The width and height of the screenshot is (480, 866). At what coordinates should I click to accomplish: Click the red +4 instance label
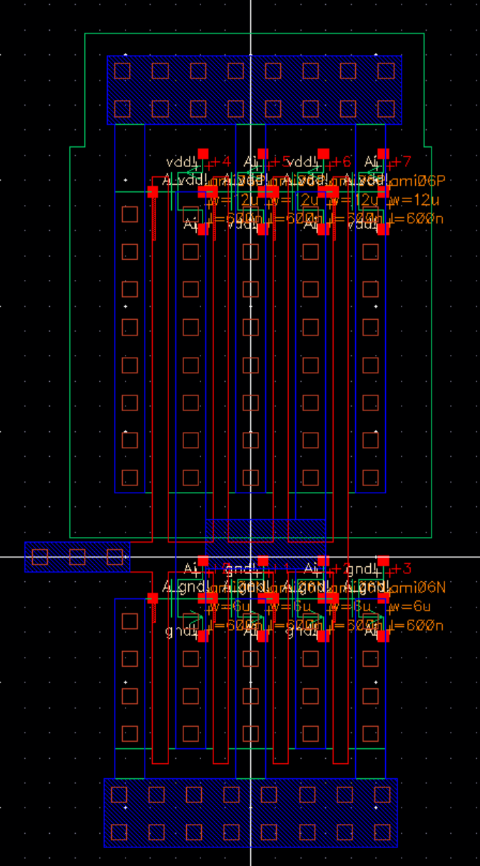tap(222, 161)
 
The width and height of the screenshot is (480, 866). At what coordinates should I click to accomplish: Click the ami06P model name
tap(421, 181)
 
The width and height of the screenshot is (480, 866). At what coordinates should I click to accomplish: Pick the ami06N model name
tap(421, 588)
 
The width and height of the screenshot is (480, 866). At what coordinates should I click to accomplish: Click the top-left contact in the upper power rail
tap(123, 71)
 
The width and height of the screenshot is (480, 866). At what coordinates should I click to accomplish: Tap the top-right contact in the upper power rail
tap(386, 71)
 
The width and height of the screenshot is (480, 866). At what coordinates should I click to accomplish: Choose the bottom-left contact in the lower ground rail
tap(119, 832)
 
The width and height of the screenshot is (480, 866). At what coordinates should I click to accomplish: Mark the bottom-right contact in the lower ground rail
tap(382, 832)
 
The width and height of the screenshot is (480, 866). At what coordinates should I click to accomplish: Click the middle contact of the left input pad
tap(77, 557)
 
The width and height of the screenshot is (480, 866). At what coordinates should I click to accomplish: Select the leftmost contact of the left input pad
tap(40, 557)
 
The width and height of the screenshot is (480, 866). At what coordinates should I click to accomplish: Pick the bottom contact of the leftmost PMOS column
tap(130, 478)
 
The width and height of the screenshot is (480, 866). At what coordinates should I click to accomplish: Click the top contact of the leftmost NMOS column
tap(130, 620)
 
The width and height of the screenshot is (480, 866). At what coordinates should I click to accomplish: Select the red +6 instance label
tap(342, 161)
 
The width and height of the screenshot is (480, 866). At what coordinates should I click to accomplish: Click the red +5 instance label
tap(282, 161)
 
